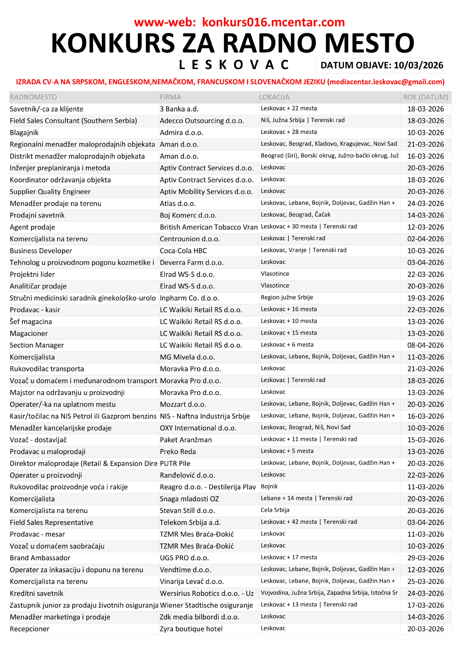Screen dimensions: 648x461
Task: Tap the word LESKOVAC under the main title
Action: [x=234, y=65]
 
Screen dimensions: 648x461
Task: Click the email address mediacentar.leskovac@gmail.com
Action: [x=386, y=82]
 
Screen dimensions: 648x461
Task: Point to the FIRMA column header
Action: [x=170, y=97]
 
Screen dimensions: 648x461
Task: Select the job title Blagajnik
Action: [x=24, y=133]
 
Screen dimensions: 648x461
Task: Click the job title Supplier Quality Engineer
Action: [x=50, y=192]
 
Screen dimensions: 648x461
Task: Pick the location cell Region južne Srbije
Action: [x=287, y=297]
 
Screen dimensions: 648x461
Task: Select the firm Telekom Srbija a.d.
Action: [x=190, y=522]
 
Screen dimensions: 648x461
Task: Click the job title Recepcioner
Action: [x=30, y=629]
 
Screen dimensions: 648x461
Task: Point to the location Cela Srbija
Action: [x=275, y=510]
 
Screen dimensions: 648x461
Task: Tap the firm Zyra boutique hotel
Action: [x=191, y=629]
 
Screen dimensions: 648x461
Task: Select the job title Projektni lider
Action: [x=32, y=274]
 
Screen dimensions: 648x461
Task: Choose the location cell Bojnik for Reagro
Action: [x=269, y=486]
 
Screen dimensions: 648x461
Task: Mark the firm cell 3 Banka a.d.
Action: [x=179, y=109]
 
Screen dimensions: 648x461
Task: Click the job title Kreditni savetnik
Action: [x=36, y=593]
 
